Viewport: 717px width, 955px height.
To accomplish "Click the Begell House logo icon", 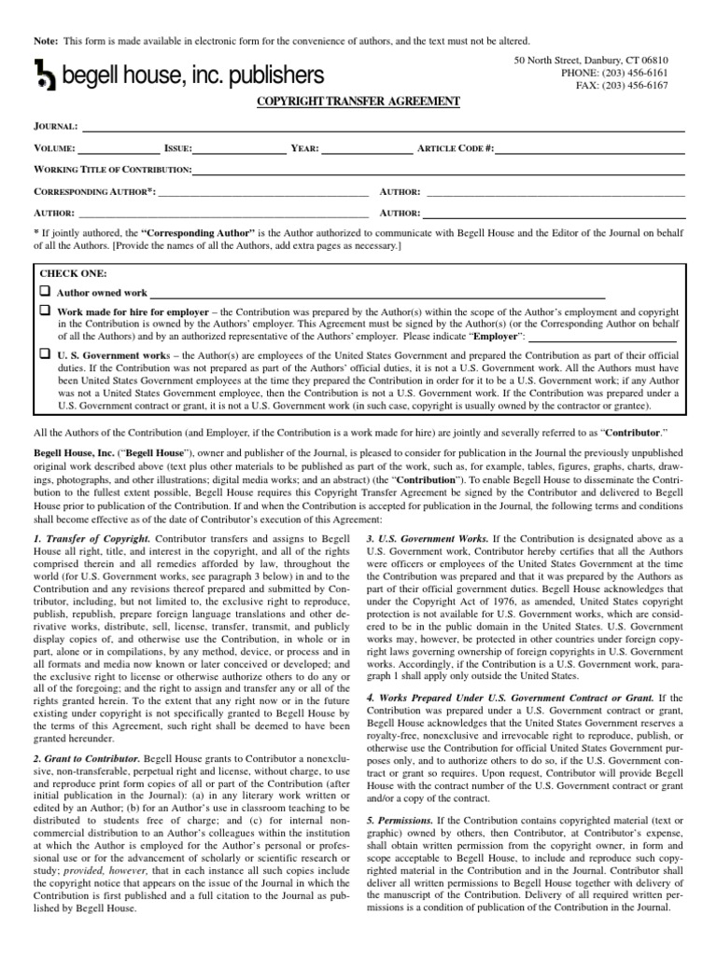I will click(x=45, y=75).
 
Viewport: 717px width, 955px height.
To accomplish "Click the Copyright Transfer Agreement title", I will click(x=358, y=100).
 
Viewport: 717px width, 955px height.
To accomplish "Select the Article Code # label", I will click(x=456, y=147).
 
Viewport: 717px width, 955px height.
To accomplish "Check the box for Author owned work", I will click(x=45, y=291).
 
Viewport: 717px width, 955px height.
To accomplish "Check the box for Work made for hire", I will click(x=45, y=309).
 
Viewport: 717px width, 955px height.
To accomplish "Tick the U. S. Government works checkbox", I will click(x=45, y=353).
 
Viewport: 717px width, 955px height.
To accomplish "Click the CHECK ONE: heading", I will click(x=73, y=274).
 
